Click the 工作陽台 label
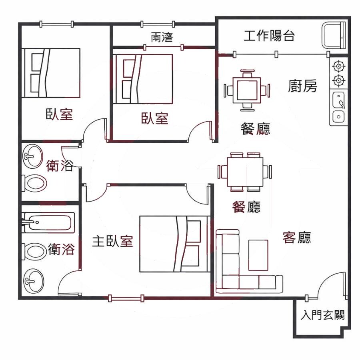click(269, 36)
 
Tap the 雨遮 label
click(162, 37)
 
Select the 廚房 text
click(302, 86)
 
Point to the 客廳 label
click(297, 238)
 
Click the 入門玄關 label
click(322, 315)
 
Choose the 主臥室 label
click(112, 241)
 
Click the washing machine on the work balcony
click(334, 35)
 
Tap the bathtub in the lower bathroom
click(48, 222)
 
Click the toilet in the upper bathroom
click(34, 183)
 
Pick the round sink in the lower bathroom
click(33, 281)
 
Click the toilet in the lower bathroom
click(34, 252)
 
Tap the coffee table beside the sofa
click(258, 255)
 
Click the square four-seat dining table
click(247, 90)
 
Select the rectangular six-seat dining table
click(245, 172)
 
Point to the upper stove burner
click(338, 66)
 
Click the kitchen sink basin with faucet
click(338, 100)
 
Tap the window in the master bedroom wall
click(126, 298)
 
